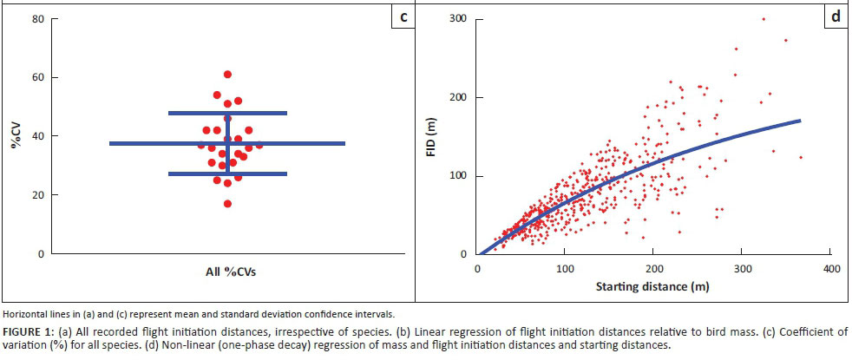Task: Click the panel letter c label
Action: (403, 16)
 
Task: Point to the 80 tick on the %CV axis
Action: (39, 18)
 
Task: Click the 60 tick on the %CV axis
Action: (39, 77)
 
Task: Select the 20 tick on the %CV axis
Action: (39, 195)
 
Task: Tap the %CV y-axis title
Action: (16, 135)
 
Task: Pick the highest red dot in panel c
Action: (227, 75)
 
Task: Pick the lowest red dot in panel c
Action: (227, 204)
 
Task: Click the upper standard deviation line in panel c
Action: (227, 113)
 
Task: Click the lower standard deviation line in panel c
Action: (227, 173)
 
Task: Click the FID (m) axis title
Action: (437, 136)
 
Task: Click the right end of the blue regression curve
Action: (799, 121)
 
